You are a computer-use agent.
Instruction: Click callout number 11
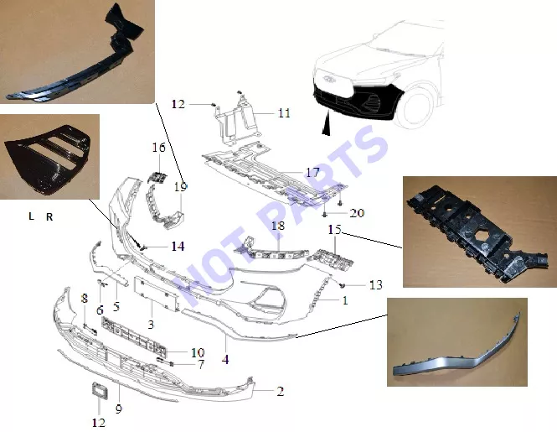point(284,113)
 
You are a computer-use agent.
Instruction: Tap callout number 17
point(312,173)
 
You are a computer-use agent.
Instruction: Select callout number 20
point(357,213)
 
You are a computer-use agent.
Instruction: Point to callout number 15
point(334,230)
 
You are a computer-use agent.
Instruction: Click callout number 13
point(376,284)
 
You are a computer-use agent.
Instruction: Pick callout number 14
point(178,247)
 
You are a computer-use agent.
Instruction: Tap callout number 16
point(159,148)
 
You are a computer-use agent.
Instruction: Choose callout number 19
point(180,186)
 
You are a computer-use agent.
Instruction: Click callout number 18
point(278,226)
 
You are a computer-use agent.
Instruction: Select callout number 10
point(198,352)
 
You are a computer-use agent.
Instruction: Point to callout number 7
point(201,364)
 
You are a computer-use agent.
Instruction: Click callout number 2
point(281,392)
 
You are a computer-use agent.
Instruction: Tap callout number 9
point(119,409)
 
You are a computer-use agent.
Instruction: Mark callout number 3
point(151,325)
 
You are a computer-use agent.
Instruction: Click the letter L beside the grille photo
point(31,216)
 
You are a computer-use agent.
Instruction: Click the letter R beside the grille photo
point(49,217)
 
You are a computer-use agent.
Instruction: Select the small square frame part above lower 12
point(100,391)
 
